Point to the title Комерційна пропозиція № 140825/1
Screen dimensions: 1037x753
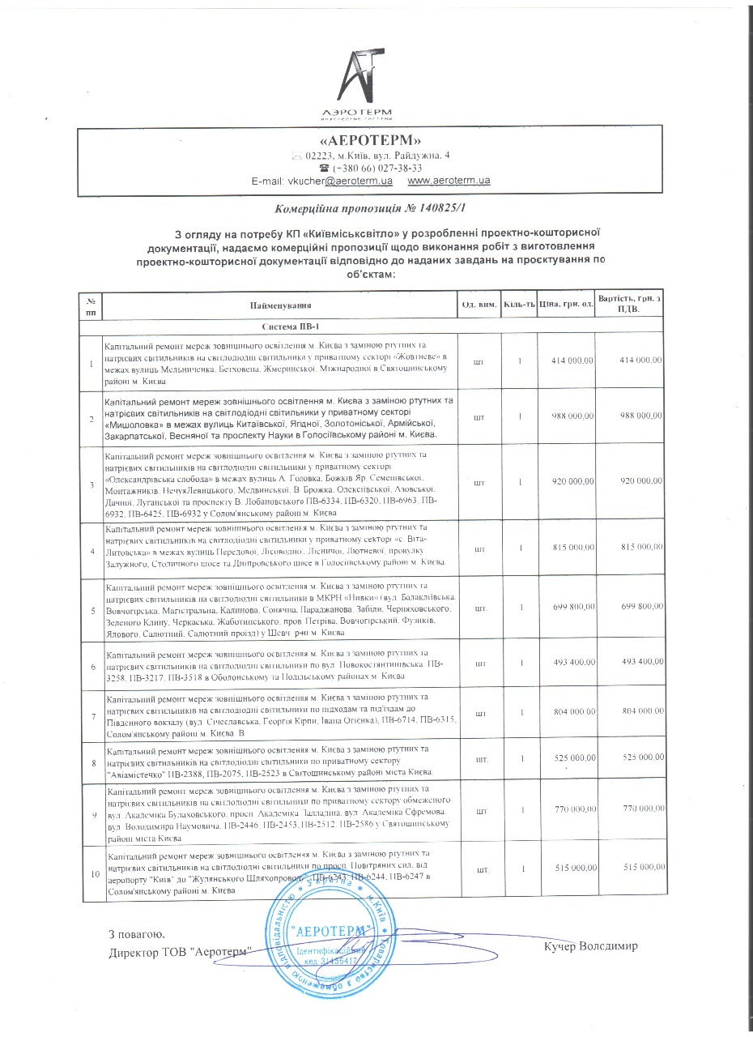(x=372, y=209)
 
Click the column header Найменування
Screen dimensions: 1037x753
(x=281, y=305)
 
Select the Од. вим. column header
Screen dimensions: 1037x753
(x=479, y=305)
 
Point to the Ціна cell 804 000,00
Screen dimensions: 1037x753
(x=572, y=714)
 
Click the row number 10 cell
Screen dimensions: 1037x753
(x=91, y=873)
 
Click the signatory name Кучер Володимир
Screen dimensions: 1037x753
(x=591, y=946)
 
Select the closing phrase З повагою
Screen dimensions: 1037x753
(x=137, y=935)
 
